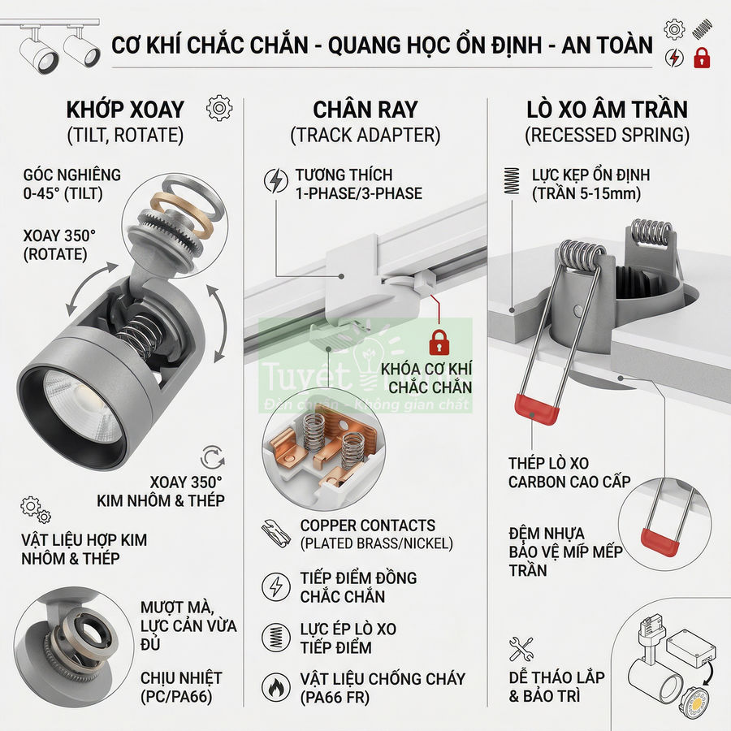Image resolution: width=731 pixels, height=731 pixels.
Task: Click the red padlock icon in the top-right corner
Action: [x=701, y=58]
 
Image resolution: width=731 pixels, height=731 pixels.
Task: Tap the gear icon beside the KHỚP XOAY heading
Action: [x=219, y=107]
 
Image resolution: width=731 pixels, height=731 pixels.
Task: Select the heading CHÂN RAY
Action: [x=365, y=109]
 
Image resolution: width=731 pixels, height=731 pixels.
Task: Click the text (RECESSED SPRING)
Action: [x=608, y=135]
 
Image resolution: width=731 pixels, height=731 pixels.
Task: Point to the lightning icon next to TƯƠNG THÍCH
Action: [x=276, y=180]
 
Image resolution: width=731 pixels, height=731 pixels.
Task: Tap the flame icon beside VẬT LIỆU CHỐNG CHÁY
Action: [x=276, y=687]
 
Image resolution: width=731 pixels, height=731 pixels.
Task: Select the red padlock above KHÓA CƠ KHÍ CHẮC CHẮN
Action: [x=439, y=341]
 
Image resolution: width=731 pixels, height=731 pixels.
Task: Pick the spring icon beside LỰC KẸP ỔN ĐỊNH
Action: [x=512, y=180]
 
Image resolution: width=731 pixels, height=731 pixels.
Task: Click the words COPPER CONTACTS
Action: [x=367, y=526]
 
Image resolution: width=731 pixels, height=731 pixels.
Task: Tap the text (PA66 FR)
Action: [x=335, y=697]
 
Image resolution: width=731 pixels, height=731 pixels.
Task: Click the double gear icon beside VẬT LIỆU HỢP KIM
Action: [x=36, y=509]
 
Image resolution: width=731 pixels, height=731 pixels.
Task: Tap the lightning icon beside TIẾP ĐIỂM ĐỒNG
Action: [x=276, y=586]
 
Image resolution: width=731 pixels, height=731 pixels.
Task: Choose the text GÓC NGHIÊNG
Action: [x=72, y=175]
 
